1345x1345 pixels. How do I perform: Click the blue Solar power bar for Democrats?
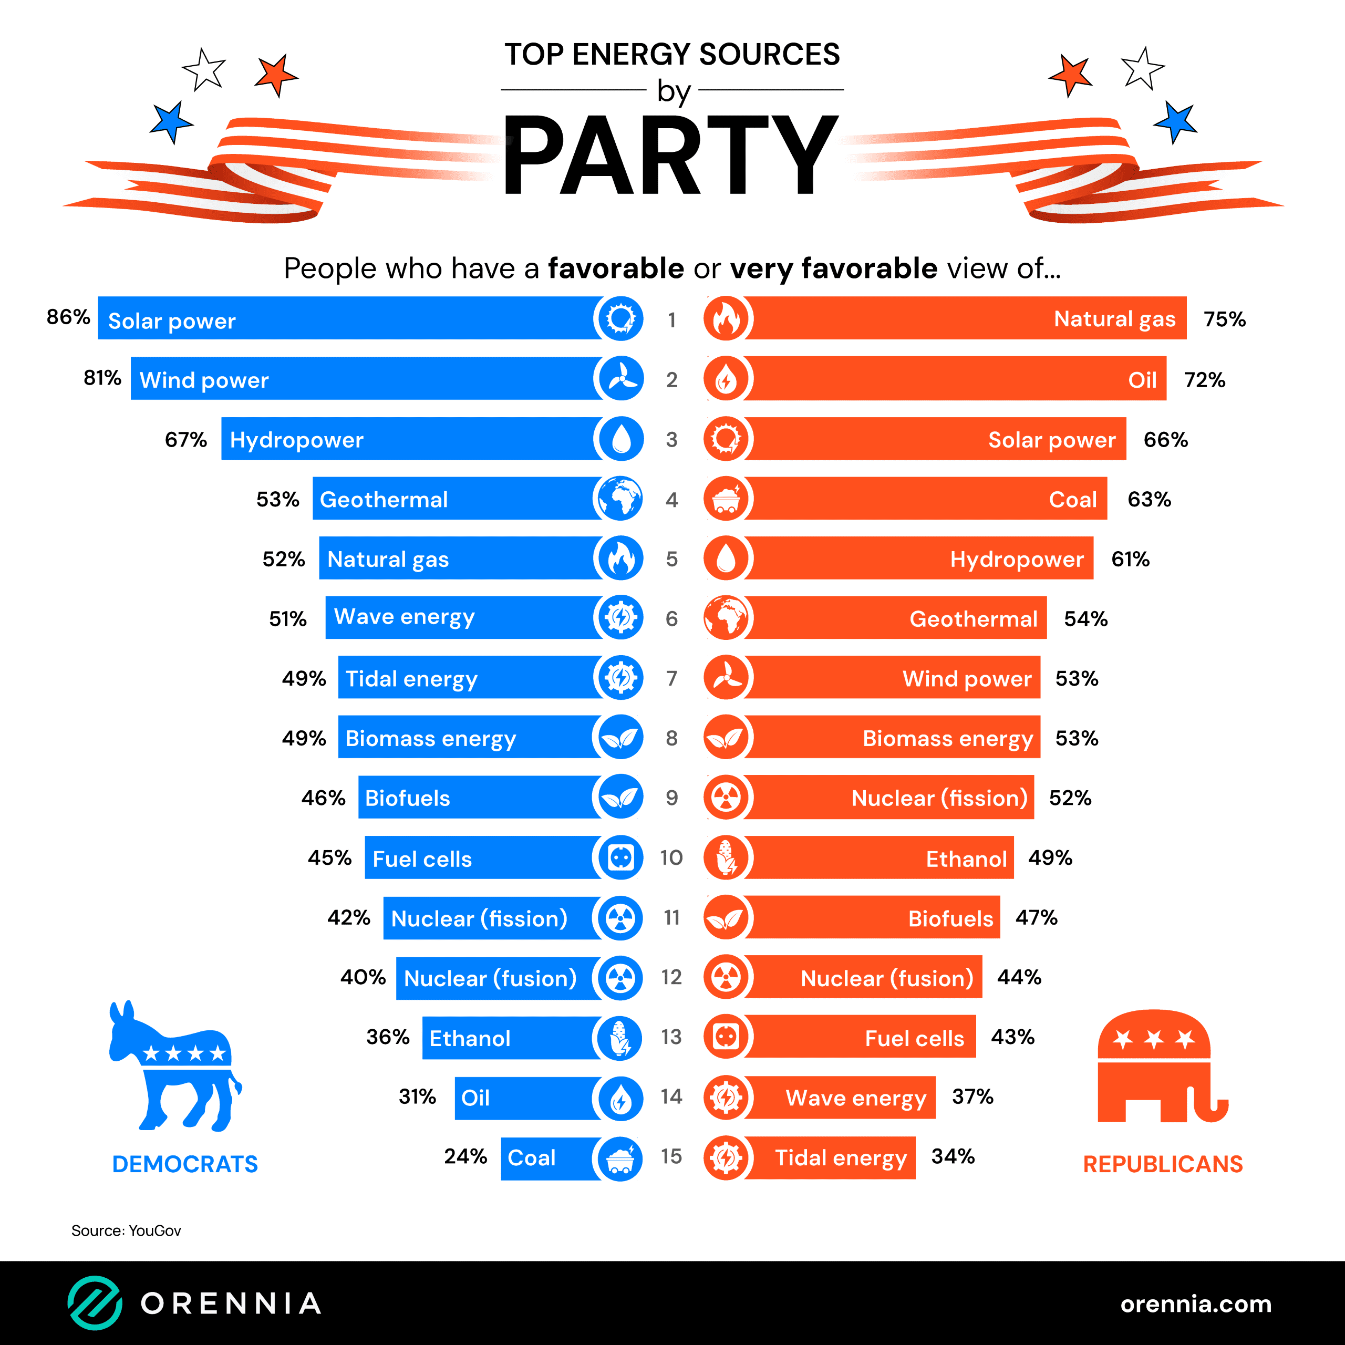(348, 318)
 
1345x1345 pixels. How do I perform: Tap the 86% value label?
(68, 317)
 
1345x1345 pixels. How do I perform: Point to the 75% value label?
(1225, 319)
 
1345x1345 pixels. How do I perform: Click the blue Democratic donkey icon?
(174, 1065)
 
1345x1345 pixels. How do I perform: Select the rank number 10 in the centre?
(671, 857)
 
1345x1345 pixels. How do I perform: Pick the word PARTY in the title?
(671, 154)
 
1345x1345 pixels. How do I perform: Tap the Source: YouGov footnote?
(126, 1231)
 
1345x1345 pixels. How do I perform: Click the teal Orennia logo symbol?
(95, 1302)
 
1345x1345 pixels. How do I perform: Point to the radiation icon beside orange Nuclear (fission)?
(726, 798)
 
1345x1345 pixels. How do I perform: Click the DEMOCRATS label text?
(184, 1164)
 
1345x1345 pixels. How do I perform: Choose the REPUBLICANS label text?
(1163, 1164)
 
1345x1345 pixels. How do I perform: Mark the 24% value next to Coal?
(465, 1156)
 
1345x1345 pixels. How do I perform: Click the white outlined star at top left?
(204, 70)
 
